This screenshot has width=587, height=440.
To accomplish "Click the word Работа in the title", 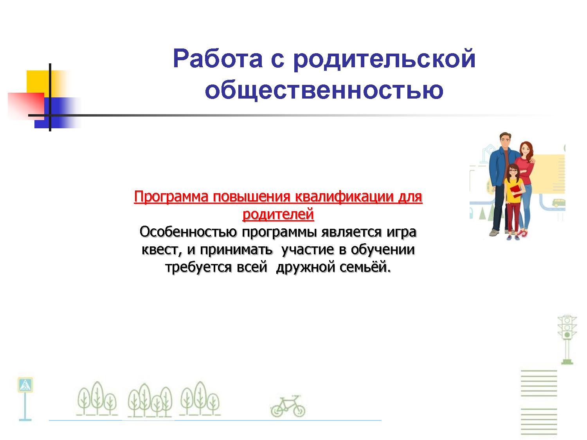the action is coord(218,59).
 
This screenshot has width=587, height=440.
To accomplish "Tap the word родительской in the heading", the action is coord(384,60).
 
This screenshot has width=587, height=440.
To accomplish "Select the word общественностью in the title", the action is coord(324,90).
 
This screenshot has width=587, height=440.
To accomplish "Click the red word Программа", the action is coord(171,197).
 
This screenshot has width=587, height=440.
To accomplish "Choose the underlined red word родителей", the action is coord(278,214).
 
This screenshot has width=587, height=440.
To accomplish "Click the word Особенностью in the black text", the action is coord(188,232).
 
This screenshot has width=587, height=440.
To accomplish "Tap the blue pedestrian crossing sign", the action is coord(25,385).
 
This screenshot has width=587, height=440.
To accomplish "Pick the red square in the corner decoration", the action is coord(26,106).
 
